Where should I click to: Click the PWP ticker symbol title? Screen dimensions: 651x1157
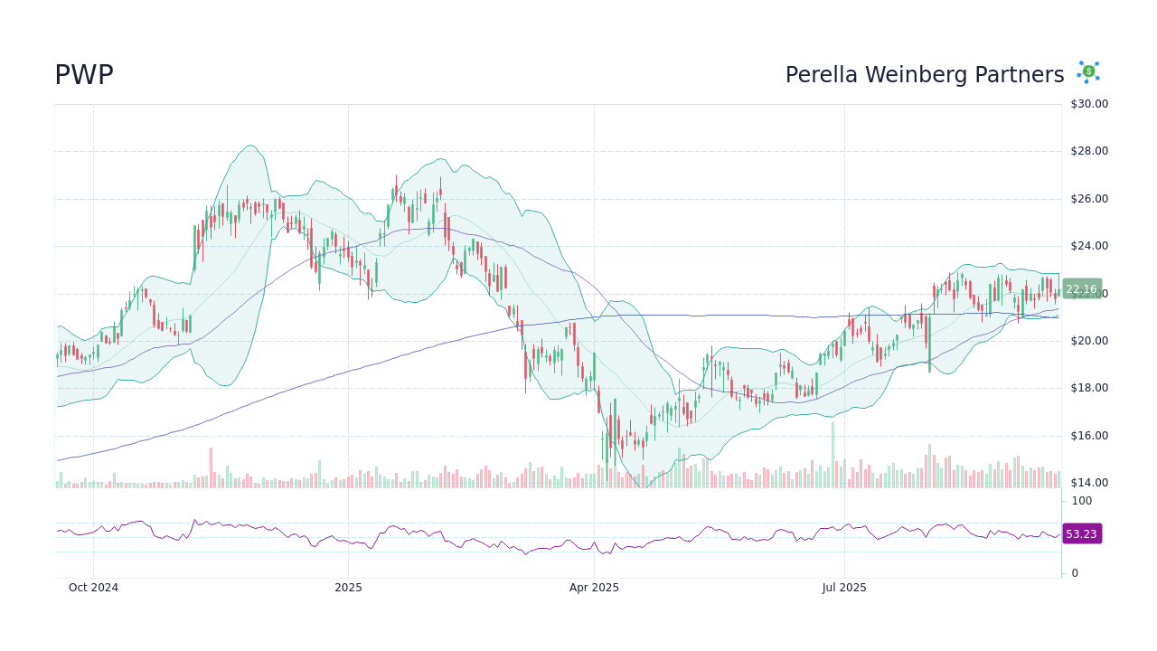(x=84, y=76)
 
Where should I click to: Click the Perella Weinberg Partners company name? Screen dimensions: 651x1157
(x=924, y=75)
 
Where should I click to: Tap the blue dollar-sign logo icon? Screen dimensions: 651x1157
(x=1087, y=72)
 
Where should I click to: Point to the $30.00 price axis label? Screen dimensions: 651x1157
(x=1088, y=104)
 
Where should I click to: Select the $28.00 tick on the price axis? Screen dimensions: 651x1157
(x=1088, y=151)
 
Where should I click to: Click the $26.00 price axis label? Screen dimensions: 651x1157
(x=1088, y=199)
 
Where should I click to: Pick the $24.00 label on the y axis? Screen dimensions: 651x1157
(x=1088, y=246)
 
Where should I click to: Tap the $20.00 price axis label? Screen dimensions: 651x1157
(x=1088, y=341)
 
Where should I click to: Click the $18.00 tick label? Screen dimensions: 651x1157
(x=1088, y=388)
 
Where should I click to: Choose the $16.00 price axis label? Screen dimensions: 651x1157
(x=1088, y=436)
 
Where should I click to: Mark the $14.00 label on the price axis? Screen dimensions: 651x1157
(x=1088, y=483)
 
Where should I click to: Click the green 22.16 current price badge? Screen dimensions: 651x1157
(x=1081, y=289)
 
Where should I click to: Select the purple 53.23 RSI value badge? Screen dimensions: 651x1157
(x=1081, y=534)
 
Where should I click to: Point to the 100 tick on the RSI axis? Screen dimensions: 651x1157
(x=1081, y=501)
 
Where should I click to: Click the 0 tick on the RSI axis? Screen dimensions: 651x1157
(x=1075, y=573)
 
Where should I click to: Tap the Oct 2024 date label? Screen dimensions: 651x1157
(x=93, y=588)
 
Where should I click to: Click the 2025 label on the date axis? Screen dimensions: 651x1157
(x=348, y=588)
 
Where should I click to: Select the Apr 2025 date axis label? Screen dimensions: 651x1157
(x=594, y=588)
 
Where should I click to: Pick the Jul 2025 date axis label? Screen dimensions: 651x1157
(x=844, y=588)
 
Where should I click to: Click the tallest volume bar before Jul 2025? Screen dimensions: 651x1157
(x=832, y=456)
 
